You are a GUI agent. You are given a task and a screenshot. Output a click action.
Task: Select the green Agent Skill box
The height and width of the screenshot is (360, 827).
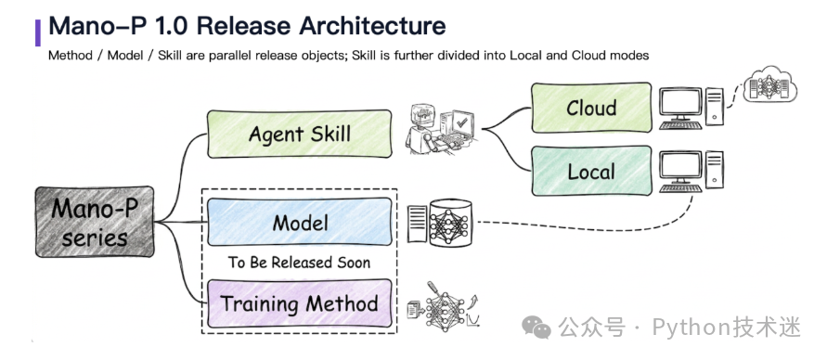[299, 134]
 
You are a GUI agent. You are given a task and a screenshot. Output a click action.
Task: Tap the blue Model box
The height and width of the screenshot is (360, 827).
[299, 223]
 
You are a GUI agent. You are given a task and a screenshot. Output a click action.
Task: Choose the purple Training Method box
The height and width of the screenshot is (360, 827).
[299, 303]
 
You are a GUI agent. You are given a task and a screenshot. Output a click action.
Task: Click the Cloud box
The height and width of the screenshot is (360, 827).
[590, 109]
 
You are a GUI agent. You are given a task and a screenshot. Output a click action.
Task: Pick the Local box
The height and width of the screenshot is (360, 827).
[590, 172]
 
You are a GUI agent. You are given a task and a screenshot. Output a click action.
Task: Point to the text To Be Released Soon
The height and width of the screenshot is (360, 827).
[299, 263]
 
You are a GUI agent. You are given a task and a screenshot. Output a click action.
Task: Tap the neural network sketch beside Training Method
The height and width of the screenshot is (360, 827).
[446, 303]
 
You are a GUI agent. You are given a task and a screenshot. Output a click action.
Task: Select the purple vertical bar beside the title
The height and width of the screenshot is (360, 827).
[38, 32]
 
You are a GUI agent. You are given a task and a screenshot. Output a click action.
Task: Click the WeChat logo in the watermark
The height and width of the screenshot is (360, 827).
[536, 328]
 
